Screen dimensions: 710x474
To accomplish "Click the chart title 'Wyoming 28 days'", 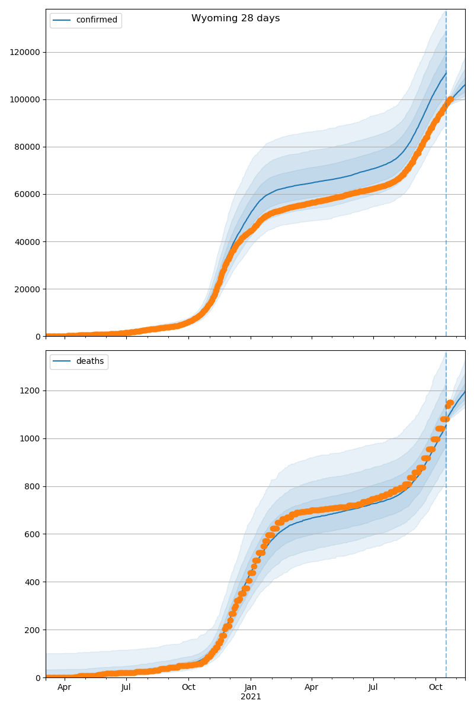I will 235,18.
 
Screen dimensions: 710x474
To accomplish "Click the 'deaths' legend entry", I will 89,362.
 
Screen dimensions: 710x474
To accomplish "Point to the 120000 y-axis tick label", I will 25,52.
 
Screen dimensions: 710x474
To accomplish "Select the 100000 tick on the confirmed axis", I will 25,99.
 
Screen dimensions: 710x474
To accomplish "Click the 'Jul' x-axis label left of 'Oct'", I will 126,688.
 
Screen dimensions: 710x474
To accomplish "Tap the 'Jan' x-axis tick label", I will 251,688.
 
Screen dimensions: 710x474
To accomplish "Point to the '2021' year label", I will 251,696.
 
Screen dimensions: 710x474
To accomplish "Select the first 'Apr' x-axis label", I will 64,688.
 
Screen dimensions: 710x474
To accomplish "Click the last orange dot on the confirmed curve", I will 450,99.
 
